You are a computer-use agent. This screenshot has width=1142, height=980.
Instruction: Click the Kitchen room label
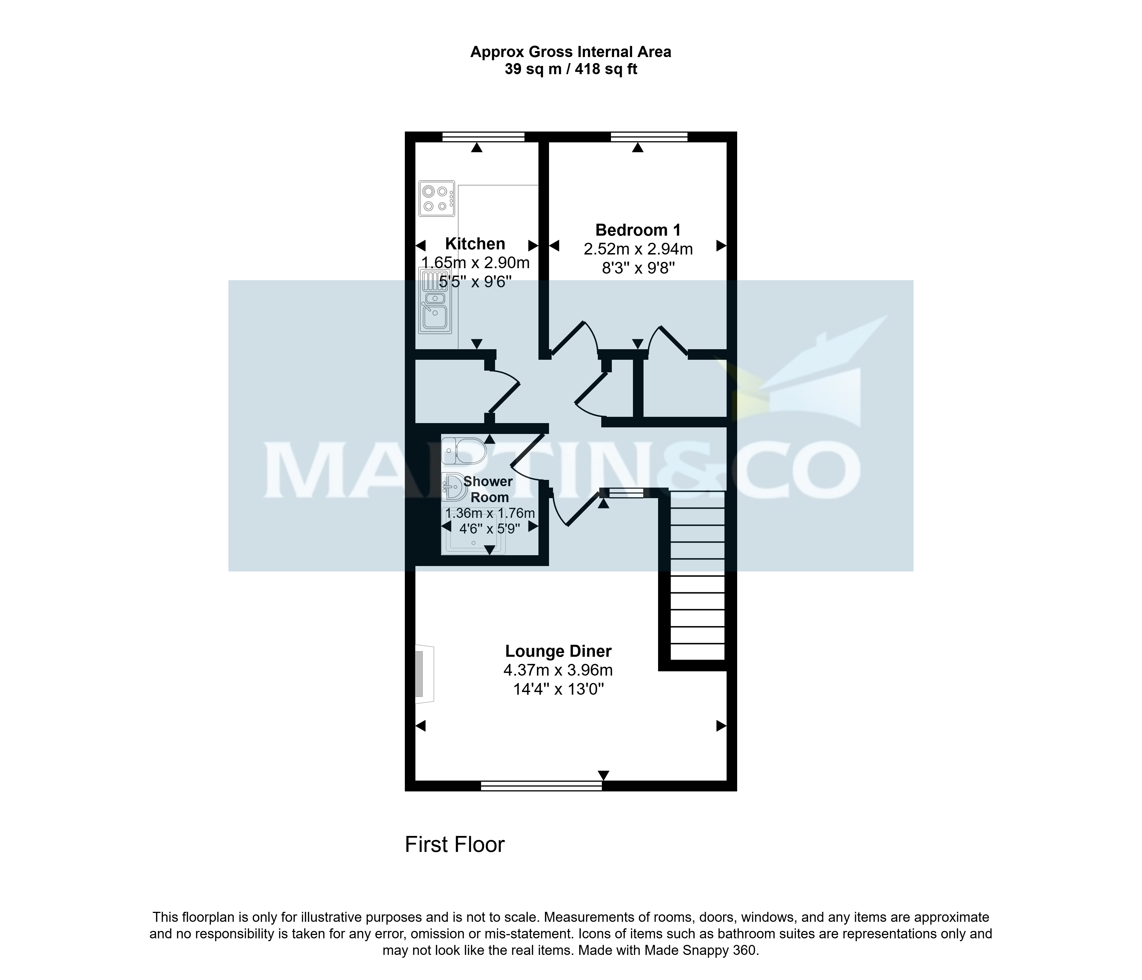(x=475, y=243)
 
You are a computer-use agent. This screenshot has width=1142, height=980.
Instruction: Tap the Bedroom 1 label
(x=638, y=230)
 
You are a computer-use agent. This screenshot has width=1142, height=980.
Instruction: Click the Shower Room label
(x=488, y=489)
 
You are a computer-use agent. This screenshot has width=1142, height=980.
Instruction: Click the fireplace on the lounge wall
(x=424, y=674)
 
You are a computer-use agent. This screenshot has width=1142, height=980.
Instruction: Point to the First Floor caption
(x=455, y=844)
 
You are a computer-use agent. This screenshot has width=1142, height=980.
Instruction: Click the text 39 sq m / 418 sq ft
(x=571, y=69)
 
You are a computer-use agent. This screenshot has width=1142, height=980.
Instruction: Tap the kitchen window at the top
(x=483, y=137)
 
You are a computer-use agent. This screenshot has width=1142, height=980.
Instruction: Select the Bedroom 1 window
(x=649, y=137)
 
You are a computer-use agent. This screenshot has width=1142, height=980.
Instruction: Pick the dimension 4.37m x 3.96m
(x=558, y=670)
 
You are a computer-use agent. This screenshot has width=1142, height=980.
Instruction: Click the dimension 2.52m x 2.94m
(x=638, y=249)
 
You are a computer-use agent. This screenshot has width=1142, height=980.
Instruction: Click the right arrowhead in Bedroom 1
(x=721, y=246)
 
